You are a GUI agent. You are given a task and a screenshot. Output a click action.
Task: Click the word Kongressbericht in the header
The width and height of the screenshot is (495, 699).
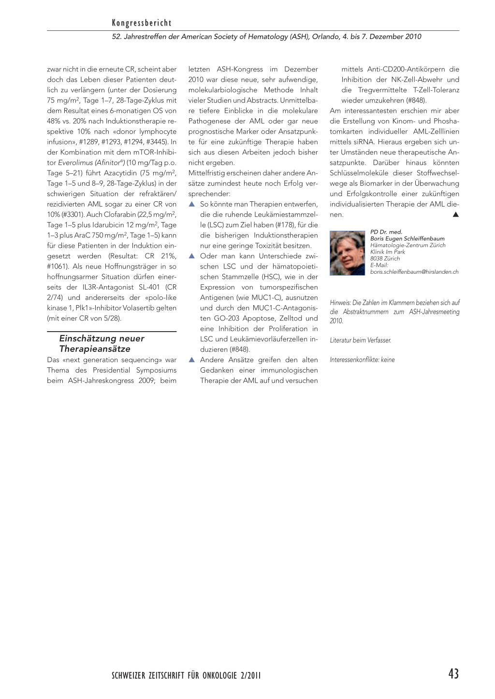click(142, 23)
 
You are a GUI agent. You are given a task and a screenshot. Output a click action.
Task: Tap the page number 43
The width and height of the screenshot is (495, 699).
click(453, 674)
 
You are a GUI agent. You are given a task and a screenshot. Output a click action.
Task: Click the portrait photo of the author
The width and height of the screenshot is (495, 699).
click(347, 253)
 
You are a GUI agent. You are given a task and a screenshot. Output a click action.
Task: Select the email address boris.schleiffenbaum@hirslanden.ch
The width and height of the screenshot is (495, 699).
click(414, 272)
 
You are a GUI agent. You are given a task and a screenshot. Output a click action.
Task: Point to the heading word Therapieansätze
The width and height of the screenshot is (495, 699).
click(95, 349)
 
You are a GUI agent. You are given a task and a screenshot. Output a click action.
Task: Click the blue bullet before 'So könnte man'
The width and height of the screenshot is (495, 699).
click(191, 204)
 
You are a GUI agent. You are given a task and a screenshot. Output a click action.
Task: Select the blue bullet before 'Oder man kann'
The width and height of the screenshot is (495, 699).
click(191, 256)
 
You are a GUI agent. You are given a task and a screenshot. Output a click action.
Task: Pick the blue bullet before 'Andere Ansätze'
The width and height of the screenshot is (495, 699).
click(191, 360)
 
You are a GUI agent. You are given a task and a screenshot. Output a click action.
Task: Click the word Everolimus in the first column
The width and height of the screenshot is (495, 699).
click(75, 163)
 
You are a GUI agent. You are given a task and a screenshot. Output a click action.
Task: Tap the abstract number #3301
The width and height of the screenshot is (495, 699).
click(73, 215)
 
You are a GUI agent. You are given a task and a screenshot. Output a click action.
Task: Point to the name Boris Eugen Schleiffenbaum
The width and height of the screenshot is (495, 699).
click(407, 238)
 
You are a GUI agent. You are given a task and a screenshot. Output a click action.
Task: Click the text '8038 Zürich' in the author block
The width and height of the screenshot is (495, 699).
click(385, 258)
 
